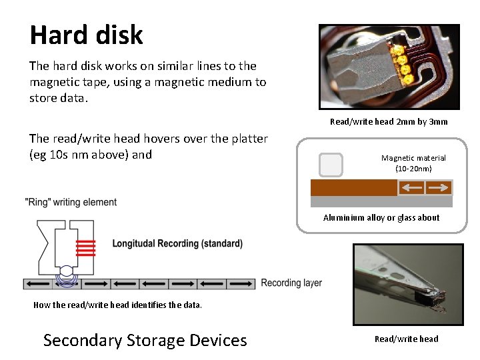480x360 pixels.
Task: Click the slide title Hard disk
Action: [86, 35]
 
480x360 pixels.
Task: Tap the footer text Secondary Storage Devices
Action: [145, 340]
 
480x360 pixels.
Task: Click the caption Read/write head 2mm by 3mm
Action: [389, 121]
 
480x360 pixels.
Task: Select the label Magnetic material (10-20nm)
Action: [413, 163]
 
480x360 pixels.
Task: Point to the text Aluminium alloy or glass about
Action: [381, 217]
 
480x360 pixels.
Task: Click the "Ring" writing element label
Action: [71, 202]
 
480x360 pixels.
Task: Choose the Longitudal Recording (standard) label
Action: [177, 243]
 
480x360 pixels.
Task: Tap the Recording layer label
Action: [291, 283]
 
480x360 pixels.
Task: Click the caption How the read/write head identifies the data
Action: [117, 305]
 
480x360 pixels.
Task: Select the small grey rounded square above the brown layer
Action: [331, 165]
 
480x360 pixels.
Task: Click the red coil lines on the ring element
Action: [85, 248]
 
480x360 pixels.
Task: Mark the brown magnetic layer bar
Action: [353, 187]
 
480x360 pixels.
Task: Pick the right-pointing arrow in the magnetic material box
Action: [439, 188]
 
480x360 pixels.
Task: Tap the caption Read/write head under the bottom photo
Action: [406, 339]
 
